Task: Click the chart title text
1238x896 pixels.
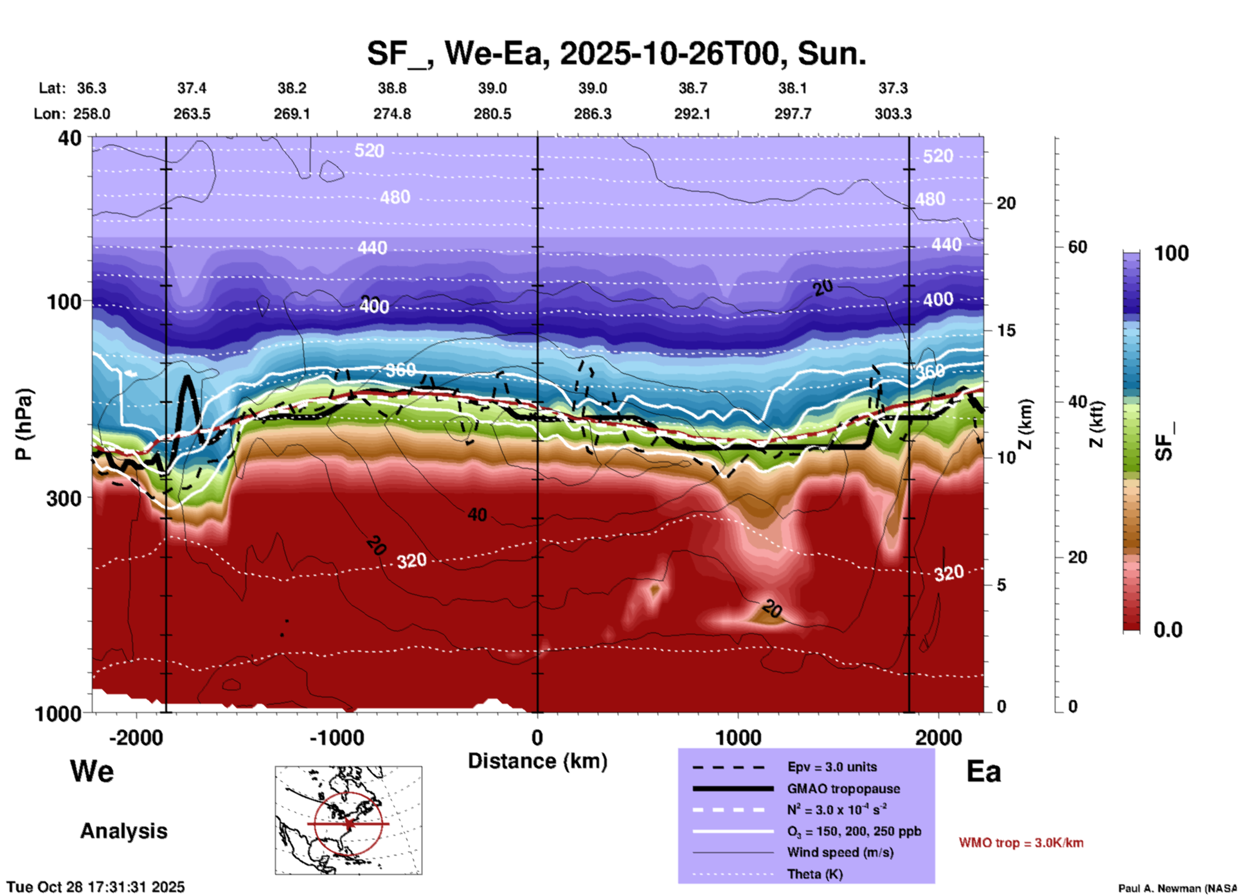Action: click(616, 53)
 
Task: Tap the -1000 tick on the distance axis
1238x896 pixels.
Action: click(337, 737)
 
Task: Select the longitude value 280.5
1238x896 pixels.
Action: click(492, 114)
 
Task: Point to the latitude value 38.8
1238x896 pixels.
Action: click(392, 88)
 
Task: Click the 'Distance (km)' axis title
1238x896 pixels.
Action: click(537, 761)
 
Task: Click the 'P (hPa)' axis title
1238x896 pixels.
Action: click(24, 424)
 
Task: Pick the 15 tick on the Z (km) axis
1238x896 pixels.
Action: click(1006, 330)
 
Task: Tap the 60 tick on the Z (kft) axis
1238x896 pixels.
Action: click(1077, 247)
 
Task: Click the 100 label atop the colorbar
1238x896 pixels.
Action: click(1171, 253)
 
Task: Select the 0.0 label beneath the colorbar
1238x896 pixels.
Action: click(1168, 630)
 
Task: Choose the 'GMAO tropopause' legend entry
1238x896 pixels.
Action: click(843, 789)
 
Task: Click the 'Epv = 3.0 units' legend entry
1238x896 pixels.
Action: click(832, 767)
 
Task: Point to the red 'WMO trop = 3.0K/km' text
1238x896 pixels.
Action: click(1021, 843)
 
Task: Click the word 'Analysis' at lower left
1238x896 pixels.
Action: click(123, 831)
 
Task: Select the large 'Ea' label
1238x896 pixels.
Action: click(983, 772)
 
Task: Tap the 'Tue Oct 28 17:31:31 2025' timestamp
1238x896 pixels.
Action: click(96, 887)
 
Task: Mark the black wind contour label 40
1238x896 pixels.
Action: click(477, 515)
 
